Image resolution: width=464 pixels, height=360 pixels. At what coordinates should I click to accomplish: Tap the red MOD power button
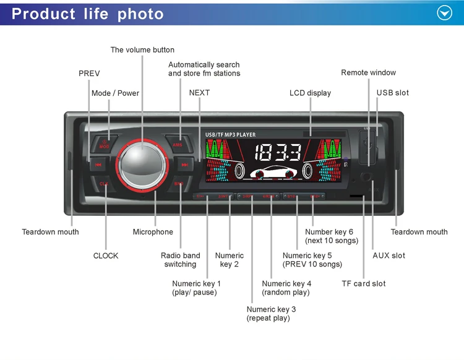(105, 144)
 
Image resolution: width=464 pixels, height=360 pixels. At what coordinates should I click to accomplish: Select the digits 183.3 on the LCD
(278, 152)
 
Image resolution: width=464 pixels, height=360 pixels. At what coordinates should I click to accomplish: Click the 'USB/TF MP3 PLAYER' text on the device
(230, 134)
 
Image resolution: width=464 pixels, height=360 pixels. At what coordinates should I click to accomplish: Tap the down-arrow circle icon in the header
(444, 13)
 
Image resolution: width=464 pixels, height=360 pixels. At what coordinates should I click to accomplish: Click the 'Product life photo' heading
(88, 14)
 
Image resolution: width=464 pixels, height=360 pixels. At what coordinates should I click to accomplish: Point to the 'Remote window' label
(368, 72)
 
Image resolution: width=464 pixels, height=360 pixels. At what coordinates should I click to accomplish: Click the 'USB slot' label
(392, 93)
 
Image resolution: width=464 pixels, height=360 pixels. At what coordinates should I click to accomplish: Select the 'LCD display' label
(310, 93)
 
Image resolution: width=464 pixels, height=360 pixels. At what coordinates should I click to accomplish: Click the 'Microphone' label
(153, 232)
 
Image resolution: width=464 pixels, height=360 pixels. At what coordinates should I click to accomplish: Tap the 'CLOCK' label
(106, 255)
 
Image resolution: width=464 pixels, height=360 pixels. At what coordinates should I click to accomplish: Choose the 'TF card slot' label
(363, 283)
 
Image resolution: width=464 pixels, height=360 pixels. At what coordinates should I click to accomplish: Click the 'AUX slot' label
(389, 255)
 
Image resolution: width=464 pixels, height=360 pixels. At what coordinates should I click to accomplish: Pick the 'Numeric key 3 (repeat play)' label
(271, 314)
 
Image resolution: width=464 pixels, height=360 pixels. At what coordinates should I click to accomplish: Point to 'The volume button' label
(142, 49)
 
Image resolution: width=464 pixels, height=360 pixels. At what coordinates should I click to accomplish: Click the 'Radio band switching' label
(180, 260)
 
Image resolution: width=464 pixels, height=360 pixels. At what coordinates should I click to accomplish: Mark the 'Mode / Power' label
(115, 93)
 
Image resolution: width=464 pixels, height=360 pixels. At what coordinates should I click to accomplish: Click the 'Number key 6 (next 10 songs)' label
(331, 236)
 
